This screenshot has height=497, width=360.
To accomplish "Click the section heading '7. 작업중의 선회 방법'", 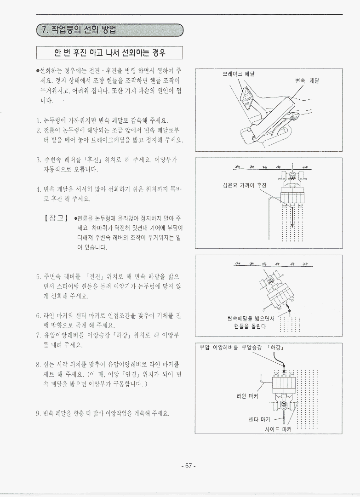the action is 79,30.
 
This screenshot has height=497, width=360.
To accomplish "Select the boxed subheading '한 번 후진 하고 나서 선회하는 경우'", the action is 109,52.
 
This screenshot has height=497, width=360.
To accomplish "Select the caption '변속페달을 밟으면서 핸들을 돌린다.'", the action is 251,322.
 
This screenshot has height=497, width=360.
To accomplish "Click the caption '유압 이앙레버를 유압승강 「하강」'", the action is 241,348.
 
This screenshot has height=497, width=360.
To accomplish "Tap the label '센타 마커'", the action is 259,420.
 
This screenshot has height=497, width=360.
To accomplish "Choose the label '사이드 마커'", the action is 278,429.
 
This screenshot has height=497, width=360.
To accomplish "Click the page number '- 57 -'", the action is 189,466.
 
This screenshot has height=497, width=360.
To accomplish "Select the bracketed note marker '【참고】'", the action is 56,218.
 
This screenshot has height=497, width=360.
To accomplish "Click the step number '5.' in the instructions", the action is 39,276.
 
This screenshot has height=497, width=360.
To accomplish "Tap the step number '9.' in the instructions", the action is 39,413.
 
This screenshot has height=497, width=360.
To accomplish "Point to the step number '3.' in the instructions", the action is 39,160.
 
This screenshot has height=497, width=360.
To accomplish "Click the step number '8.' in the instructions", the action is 39,365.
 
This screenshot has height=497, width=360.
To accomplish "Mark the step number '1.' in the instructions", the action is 39,120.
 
